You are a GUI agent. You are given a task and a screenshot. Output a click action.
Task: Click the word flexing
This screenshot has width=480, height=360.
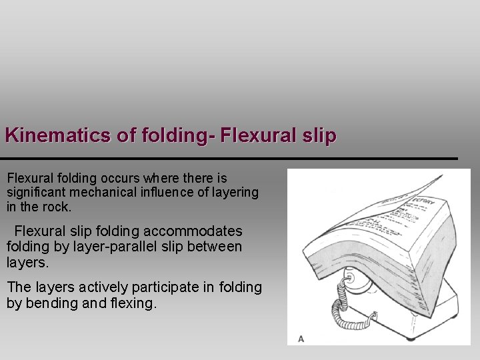click(x=136, y=303)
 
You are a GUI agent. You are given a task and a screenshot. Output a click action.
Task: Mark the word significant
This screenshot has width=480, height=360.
click(x=33, y=193)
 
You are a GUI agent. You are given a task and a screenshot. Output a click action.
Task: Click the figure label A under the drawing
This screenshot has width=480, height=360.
click(x=301, y=339)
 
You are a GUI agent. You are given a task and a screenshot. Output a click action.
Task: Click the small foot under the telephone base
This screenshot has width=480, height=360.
click(x=451, y=314)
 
